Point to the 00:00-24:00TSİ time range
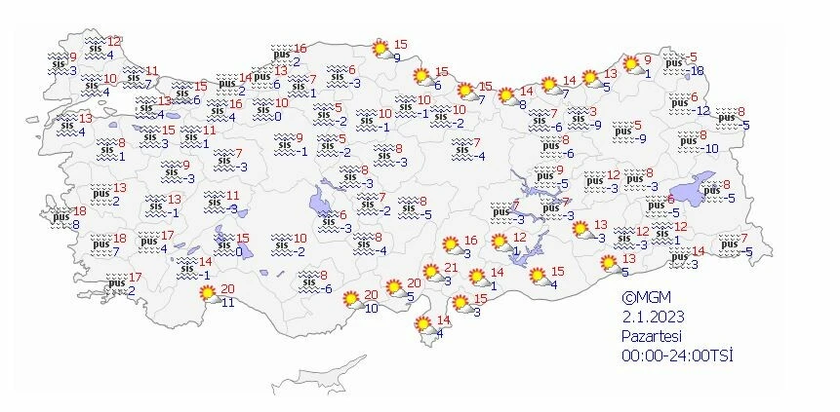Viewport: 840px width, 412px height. coord(678,355)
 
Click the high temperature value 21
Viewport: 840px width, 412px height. coord(450,269)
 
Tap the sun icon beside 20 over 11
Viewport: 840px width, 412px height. coord(206,293)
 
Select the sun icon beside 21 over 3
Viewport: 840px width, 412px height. coord(430,274)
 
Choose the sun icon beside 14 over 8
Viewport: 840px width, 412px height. coord(505,95)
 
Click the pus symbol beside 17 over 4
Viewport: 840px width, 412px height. coord(148,241)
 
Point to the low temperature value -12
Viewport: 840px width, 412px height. coord(702,110)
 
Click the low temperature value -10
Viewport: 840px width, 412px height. coord(710,148)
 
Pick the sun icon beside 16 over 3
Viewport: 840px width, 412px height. coord(451,244)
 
